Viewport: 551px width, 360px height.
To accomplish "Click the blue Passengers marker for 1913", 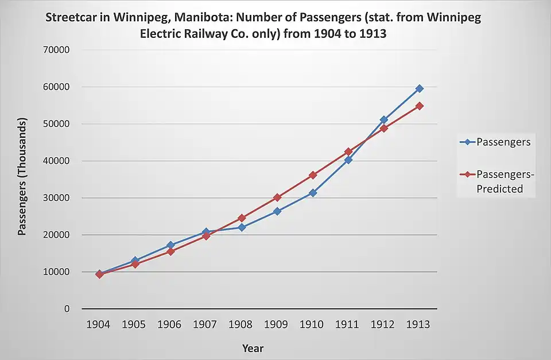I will tap(420, 88).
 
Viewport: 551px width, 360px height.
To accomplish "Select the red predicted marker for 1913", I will tap(420, 106).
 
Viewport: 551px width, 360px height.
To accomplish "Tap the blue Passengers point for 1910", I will tap(313, 193).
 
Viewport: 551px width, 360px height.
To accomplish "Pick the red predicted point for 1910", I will tap(313, 175).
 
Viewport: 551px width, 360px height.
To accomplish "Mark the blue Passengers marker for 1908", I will tap(242, 227).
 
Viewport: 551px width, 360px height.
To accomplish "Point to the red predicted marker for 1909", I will tap(277, 197).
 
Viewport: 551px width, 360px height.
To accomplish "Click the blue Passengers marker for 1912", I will tap(384, 119).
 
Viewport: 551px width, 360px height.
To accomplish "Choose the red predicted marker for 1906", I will tap(170, 251).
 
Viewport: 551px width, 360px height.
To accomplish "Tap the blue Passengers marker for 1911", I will tap(348, 160).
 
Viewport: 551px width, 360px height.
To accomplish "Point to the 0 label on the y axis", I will tap(67, 309).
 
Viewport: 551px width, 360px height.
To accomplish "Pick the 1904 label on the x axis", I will tap(98, 324).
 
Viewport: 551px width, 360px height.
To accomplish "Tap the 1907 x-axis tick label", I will tap(205, 324).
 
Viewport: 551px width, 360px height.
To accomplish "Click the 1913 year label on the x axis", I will tap(418, 324).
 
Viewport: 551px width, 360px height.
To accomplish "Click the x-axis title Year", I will tap(253, 348).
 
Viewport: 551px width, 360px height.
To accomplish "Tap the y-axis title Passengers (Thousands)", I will tap(22, 177).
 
